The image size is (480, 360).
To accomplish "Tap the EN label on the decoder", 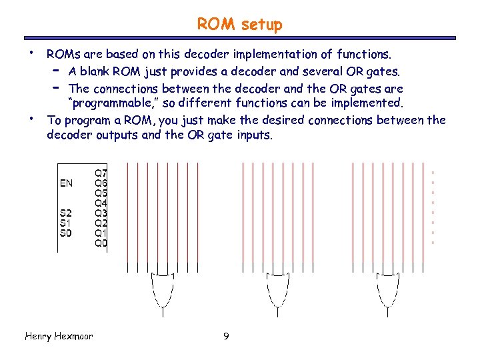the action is (67, 183).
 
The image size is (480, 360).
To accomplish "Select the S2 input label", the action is (66, 213).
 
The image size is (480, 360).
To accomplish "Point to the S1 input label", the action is (66, 223).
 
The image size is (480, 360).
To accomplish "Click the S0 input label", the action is (66, 233).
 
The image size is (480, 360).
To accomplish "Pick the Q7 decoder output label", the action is (101, 173).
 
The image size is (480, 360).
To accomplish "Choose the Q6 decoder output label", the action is (101, 183).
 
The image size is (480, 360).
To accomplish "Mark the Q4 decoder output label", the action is (101, 203).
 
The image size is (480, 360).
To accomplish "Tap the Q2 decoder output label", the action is (101, 223).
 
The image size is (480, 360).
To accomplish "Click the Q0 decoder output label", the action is (101, 243).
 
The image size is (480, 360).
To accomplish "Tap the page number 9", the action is (226, 337).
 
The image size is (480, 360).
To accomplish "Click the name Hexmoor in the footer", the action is (73, 336).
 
